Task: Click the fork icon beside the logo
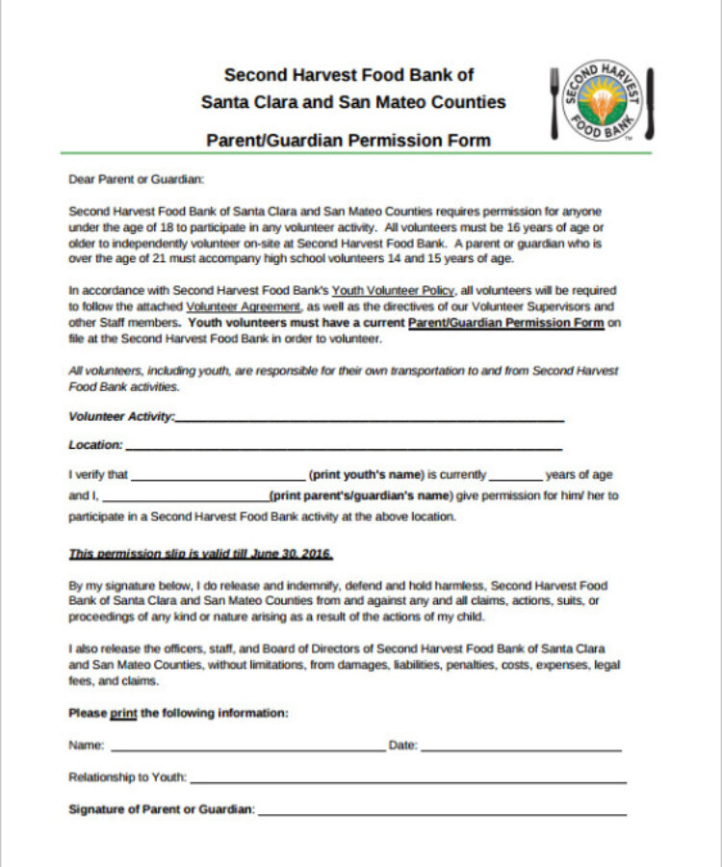pyautogui.click(x=555, y=102)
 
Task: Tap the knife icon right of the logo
pyautogui.click(x=650, y=103)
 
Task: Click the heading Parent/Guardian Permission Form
pyautogui.click(x=348, y=141)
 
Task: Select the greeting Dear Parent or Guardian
pyautogui.click(x=137, y=179)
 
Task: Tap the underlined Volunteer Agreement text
pyautogui.click(x=243, y=306)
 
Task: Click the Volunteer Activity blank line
pyautogui.click(x=370, y=418)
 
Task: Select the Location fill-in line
pyautogui.click(x=343, y=446)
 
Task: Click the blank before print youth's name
pyautogui.click(x=218, y=476)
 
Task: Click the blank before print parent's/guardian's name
pyautogui.click(x=185, y=497)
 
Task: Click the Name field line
pyautogui.click(x=247, y=747)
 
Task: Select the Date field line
pyautogui.click(x=521, y=747)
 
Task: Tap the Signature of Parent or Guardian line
pyautogui.click(x=442, y=811)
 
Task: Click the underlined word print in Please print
pyautogui.click(x=124, y=714)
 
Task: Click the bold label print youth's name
pyautogui.click(x=366, y=476)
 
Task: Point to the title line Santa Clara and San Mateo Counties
pyautogui.click(x=352, y=102)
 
